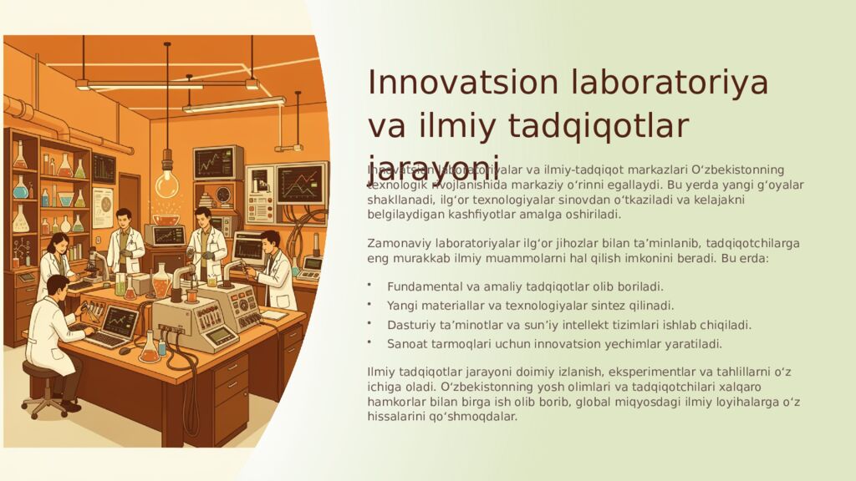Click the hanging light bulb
coord(167,182)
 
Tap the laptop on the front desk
coord(115,326)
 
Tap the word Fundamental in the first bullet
coord(423,286)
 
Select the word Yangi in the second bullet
coord(402,306)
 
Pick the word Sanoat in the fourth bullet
coord(406,344)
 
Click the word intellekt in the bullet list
coord(598,325)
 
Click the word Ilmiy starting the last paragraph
coord(381,370)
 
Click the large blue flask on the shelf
coord(21,188)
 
